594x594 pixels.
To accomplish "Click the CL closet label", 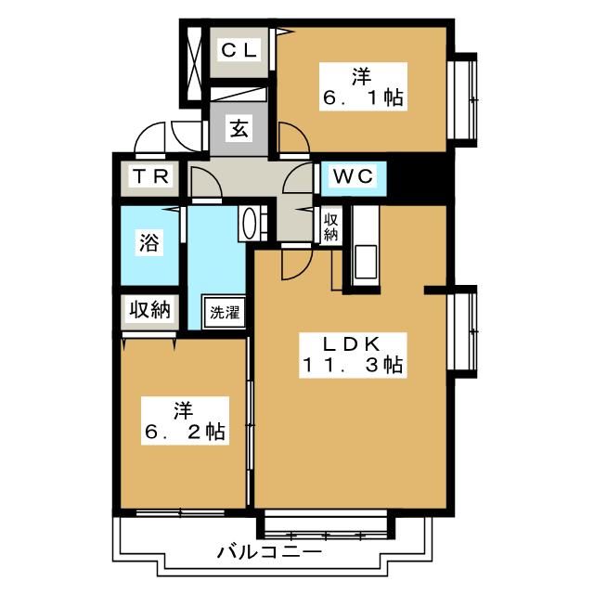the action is [239, 50].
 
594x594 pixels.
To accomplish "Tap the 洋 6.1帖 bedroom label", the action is [363, 86].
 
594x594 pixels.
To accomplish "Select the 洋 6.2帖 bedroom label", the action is [186, 420].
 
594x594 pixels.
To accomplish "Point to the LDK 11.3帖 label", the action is [353, 355].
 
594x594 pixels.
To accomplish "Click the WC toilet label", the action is [354, 176].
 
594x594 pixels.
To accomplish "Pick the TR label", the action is [150, 176].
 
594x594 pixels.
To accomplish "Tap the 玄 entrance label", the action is [239, 129].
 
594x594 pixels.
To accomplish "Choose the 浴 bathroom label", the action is [149, 242].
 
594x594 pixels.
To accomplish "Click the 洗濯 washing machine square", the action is [224, 313].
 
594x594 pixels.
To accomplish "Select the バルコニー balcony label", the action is [269, 553].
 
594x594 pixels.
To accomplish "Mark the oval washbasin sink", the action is [249, 224].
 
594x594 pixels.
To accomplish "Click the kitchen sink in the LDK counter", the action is [365, 262].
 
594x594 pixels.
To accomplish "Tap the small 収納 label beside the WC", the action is [330, 227].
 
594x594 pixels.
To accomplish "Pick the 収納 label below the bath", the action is [150, 310].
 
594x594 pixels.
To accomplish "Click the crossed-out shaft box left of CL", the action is [194, 63].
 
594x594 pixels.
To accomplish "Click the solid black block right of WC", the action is [420, 177].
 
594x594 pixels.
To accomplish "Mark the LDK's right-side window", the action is [462, 332].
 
